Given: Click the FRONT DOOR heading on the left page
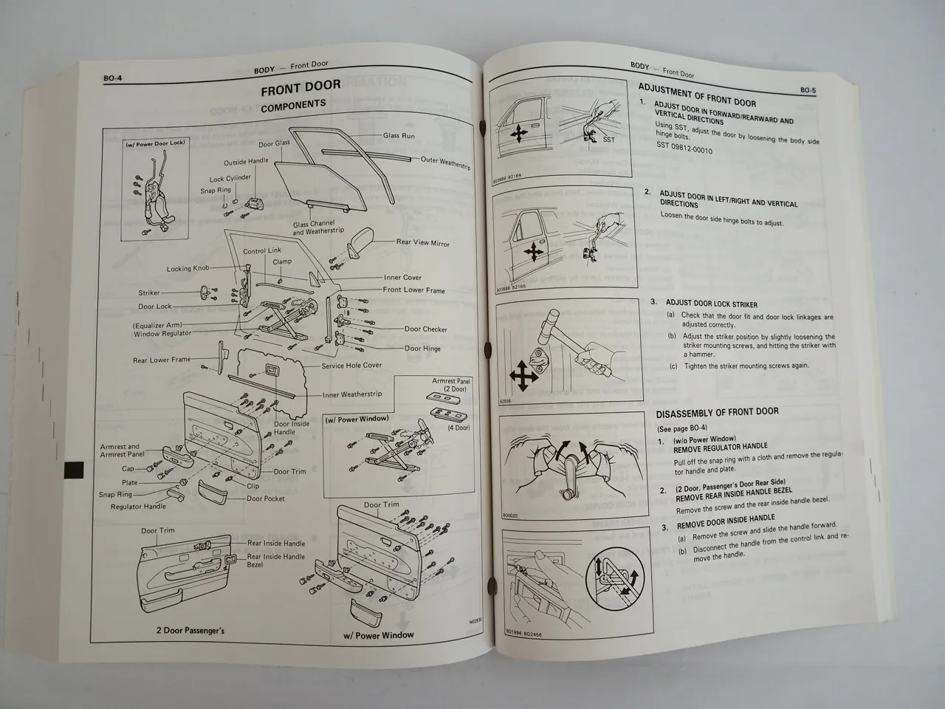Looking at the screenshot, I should click(300, 87).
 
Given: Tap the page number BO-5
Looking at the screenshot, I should click(808, 90).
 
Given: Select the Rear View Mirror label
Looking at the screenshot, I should click(422, 242).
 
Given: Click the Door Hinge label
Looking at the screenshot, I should click(422, 349).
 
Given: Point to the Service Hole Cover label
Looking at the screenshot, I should click(351, 366).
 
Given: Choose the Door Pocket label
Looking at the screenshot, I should click(266, 499).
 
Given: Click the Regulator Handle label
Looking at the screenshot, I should click(138, 507).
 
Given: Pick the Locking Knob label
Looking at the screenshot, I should click(188, 269).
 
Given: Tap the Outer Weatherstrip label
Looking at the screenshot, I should click(445, 162).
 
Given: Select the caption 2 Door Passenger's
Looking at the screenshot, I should click(190, 630).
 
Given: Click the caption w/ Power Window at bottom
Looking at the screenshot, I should click(378, 635).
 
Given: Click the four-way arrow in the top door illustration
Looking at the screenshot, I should click(518, 134).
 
